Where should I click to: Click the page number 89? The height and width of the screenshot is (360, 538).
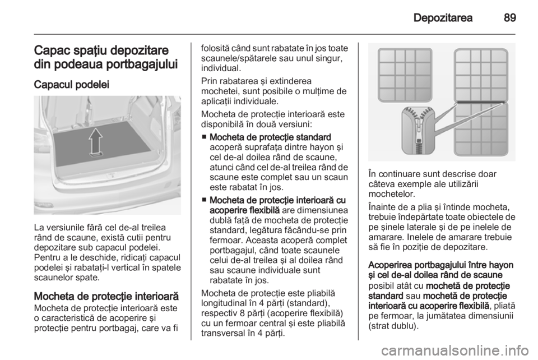click(510, 18)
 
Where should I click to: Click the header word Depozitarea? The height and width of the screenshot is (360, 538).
click(443, 18)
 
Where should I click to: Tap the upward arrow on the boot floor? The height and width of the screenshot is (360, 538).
click(96, 142)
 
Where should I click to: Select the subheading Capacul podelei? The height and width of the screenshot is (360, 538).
click(71, 85)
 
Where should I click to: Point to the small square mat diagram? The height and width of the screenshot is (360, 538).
click(405, 75)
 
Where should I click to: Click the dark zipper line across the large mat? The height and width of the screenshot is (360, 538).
click(480, 102)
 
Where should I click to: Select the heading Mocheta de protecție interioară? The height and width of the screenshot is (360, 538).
click(106, 296)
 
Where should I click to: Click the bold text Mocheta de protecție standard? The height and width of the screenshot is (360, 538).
click(270, 137)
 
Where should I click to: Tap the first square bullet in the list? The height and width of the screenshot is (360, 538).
click(204, 137)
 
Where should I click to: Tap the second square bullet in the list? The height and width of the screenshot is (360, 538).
click(204, 200)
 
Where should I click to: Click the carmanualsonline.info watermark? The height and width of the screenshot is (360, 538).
click(454, 350)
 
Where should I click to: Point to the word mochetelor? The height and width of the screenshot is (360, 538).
click(392, 194)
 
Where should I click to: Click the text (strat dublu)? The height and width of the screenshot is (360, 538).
click(393, 325)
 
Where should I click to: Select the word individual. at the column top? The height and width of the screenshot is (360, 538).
click(221, 68)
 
